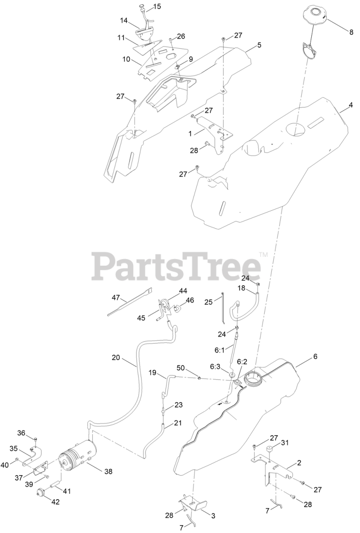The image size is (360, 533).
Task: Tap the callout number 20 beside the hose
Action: tap(116, 357)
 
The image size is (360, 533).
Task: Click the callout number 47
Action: tap(116, 298)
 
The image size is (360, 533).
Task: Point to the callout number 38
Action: tap(108, 471)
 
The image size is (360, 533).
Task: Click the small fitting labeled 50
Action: tap(200, 378)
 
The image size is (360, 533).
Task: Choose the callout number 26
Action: tap(181, 36)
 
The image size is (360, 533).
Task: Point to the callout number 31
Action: tap(285, 443)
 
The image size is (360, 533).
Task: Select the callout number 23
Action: tap(178, 404)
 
